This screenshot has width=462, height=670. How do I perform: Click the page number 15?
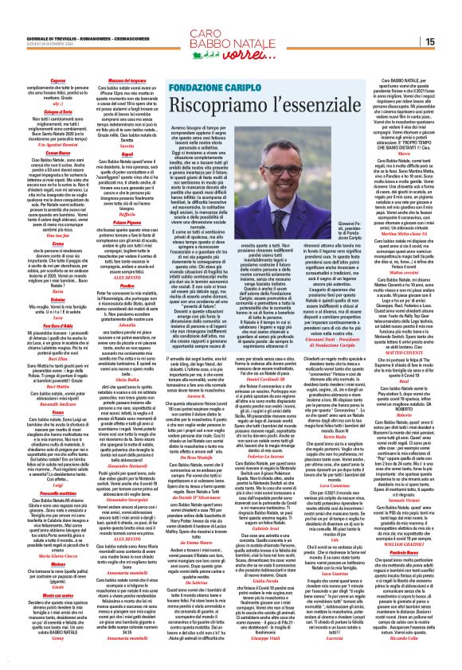(451, 41)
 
